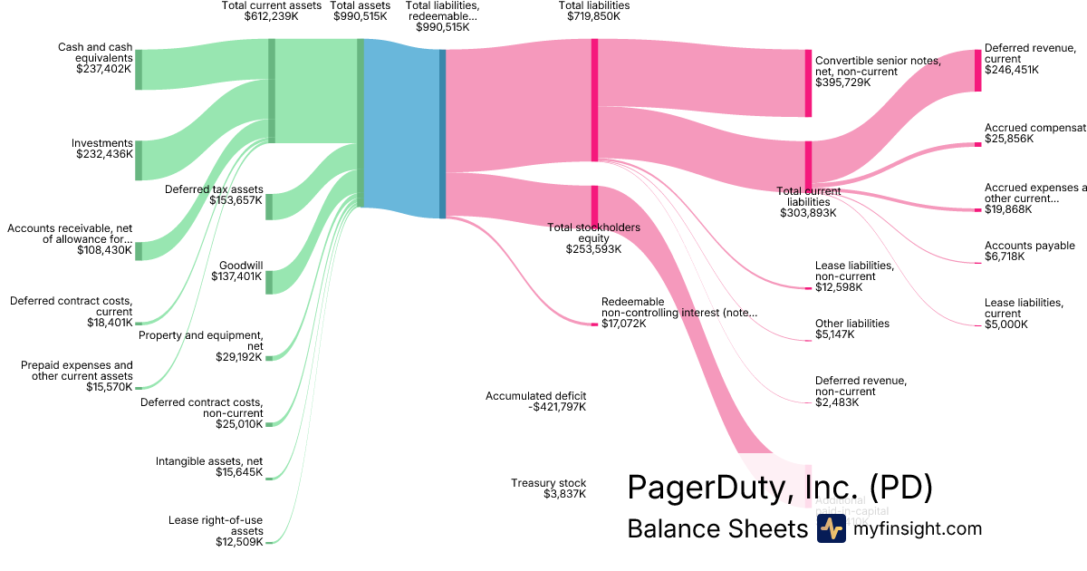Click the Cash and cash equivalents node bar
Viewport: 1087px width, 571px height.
139,69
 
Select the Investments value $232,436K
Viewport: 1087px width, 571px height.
104,155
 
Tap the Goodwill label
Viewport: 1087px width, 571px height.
240,266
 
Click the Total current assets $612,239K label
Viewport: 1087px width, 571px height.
271,11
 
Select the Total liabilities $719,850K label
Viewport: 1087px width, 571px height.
594,11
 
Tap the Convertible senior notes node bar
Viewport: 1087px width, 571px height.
808,82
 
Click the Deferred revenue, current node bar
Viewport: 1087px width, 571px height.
978,70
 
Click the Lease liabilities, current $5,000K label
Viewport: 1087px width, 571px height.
1023,314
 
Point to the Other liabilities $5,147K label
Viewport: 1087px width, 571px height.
851,329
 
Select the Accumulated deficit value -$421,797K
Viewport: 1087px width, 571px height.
557,407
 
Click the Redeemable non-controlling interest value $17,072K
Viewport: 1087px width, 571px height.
624,324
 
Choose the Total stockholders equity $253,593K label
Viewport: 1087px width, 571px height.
593,238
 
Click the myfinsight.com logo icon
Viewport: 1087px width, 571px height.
831,529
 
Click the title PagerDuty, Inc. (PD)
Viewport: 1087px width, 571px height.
779,488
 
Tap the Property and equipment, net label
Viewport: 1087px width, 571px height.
200,341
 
